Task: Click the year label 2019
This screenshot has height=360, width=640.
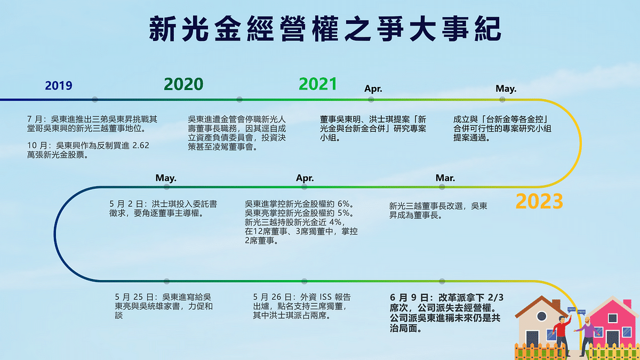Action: pos(58,86)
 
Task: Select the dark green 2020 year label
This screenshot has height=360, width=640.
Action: pos(183,84)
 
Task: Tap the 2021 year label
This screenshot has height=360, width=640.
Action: pos(318,84)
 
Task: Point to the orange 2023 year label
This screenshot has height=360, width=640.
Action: pos(539,202)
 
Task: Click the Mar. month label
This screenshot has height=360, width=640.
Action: pos(445,178)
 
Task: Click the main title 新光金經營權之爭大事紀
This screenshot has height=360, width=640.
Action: pos(325,30)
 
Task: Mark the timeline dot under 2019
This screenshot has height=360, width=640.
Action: pos(95,99)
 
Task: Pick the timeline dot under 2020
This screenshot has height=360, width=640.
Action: pos(239,99)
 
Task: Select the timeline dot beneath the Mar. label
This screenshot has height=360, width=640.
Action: pos(442,188)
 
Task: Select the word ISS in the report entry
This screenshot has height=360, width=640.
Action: pos(322,297)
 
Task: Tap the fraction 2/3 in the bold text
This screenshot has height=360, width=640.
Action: pos(495,297)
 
